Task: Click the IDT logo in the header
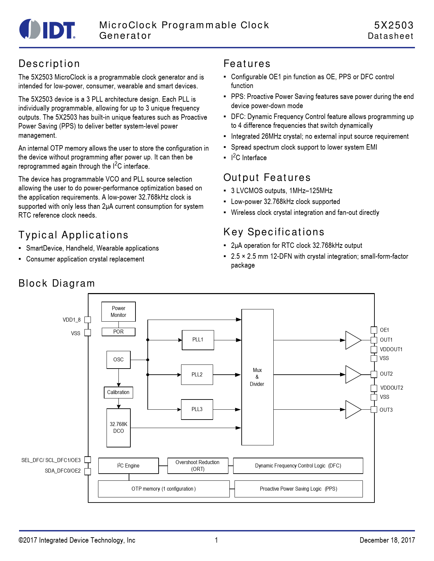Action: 47,29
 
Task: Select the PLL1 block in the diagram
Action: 198,340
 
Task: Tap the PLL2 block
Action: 197,374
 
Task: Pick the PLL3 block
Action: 197,409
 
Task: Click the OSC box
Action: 118,359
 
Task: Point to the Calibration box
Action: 118,392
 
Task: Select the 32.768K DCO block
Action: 118,428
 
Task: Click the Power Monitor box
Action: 118,311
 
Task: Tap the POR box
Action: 118,332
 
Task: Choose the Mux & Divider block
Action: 257,377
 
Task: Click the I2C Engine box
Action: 128,466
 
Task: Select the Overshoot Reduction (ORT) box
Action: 198,466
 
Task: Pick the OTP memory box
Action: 164,489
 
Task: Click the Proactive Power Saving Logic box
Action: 299,489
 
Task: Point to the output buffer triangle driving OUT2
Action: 352,374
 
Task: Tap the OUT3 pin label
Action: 386,410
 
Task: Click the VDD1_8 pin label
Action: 71,320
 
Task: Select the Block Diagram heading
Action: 57,283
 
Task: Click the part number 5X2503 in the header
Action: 394,25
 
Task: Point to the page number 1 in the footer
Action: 216,540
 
